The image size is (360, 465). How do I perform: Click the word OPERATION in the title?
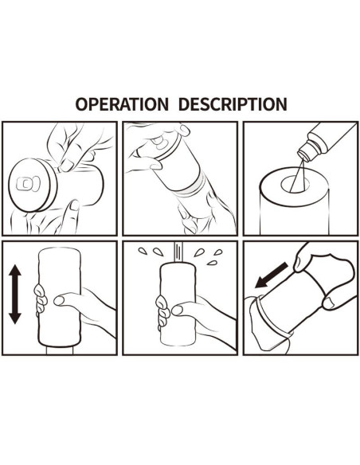pos(122,104)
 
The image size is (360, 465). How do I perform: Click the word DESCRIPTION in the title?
pos(233,104)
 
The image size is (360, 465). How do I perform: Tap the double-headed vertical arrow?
pos(15,294)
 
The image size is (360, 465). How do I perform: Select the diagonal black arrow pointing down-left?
pos(272,275)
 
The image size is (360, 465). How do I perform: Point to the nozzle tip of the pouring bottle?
pos(303,155)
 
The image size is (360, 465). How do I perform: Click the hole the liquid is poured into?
pos(295,184)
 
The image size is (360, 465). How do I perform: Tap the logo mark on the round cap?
pos(28,184)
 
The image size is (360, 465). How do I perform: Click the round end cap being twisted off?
pos(33,185)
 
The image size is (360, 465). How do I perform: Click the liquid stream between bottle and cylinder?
pos(297,175)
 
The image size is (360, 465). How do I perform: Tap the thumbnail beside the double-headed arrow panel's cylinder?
pos(59,301)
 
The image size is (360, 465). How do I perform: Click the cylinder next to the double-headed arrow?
pos(59,296)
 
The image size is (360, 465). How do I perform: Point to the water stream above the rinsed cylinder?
pos(179,252)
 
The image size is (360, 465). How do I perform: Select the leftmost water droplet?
pos(143,251)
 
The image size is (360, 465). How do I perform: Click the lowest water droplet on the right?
pos(212,263)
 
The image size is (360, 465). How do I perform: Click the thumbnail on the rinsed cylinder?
pos(177,311)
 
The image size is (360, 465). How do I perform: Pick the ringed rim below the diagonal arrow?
pos(272,318)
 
